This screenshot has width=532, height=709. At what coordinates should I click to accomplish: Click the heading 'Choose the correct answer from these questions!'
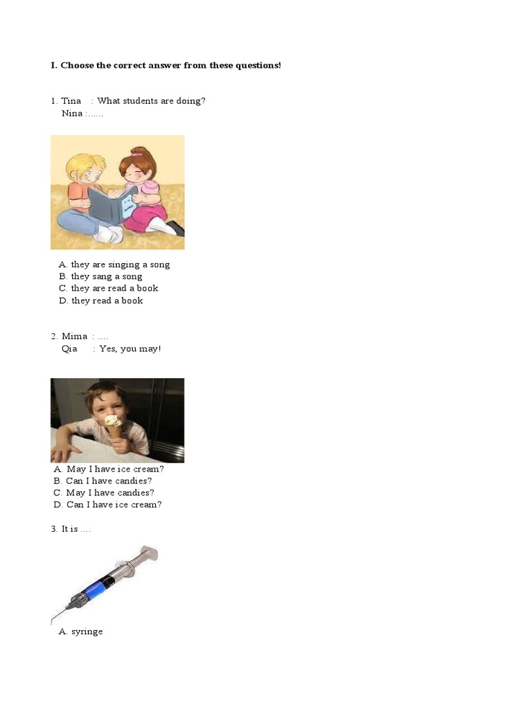point(170,65)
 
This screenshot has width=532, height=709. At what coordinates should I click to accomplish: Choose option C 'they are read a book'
point(114,288)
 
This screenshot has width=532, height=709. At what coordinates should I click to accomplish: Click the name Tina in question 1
point(71,101)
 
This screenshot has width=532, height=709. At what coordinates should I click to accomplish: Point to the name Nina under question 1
point(71,113)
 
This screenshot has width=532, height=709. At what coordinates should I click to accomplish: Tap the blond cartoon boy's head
point(83,170)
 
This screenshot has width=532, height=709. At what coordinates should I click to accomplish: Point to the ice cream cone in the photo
point(112,429)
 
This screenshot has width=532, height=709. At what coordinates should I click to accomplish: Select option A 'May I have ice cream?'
point(114,469)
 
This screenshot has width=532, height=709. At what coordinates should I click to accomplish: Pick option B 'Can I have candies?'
point(108,481)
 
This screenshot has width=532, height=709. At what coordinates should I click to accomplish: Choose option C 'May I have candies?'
point(109,493)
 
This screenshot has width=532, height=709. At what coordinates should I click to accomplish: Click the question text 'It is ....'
point(76,529)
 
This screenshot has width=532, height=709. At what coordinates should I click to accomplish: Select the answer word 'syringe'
point(87,631)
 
